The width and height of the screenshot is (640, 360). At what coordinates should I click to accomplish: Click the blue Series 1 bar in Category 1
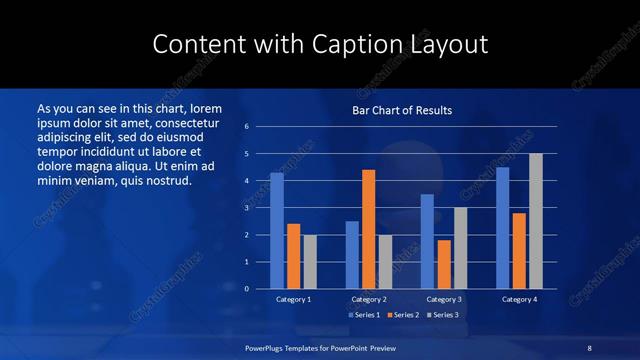[x=277, y=230]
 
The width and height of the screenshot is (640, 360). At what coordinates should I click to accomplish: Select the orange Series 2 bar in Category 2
[x=368, y=229]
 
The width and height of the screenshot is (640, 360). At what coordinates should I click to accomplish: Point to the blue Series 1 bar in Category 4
[x=502, y=227]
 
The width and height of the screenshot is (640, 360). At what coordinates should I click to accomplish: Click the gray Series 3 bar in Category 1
[x=310, y=261]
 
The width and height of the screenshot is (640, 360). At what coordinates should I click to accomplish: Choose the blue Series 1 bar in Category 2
[x=352, y=254]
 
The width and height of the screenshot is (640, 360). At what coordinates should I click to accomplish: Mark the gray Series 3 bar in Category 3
[x=460, y=247]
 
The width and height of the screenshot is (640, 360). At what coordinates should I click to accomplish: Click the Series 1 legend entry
[x=364, y=315]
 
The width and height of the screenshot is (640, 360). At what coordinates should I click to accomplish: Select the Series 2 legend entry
[x=401, y=315]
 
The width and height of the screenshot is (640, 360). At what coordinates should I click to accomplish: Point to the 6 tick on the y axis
[x=247, y=127]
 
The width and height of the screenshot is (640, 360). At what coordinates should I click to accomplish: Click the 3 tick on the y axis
[x=247, y=208]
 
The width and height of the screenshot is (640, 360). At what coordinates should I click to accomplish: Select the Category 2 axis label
[x=368, y=299]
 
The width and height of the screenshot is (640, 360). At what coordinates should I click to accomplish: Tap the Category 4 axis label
[x=519, y=299]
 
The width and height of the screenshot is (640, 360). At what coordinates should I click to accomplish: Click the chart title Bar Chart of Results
[x=402, y=110]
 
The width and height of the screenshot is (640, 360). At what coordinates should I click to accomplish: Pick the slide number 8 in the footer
[x=590, y=347]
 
